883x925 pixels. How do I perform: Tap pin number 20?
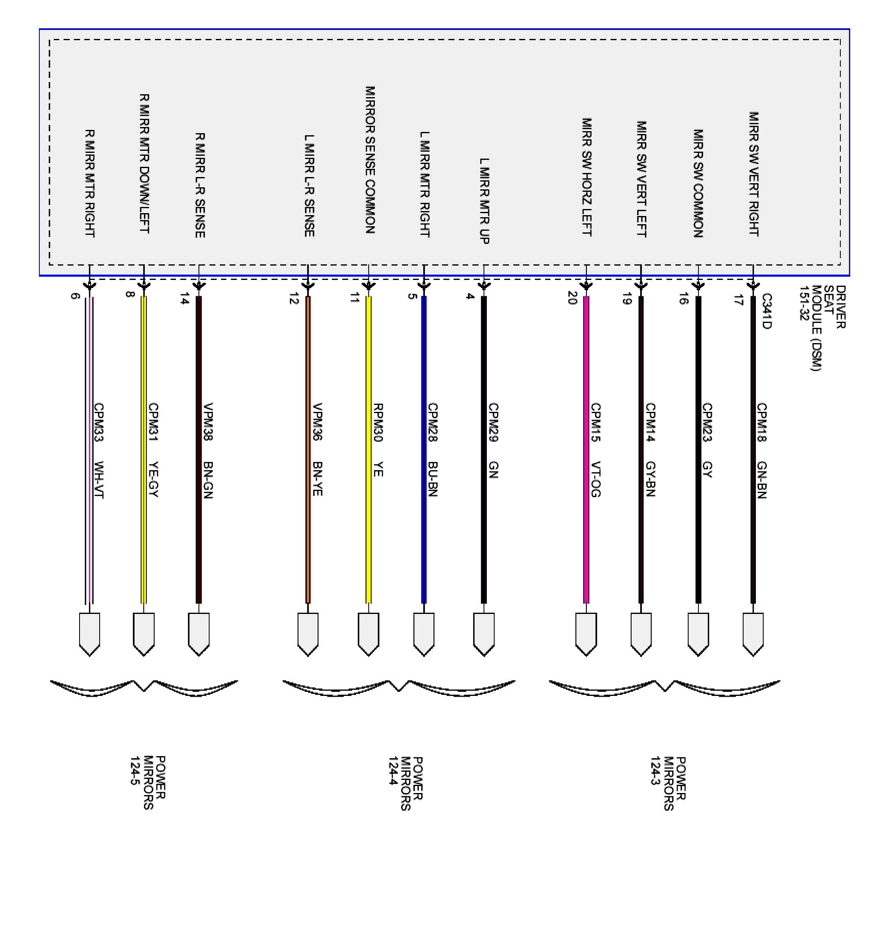pos(573,298)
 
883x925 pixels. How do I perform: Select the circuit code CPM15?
pos(596,422)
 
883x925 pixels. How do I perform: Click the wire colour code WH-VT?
pos(99,480)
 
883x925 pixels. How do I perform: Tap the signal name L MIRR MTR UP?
pos(484,201)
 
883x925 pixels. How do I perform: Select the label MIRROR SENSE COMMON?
pos(370,159)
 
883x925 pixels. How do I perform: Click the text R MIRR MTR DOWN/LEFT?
pos(144,163)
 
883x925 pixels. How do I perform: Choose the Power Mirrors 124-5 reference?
pos(148,782)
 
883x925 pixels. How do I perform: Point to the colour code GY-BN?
pos(650,479)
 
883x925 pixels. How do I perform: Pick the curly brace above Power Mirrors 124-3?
pos(664,687)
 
